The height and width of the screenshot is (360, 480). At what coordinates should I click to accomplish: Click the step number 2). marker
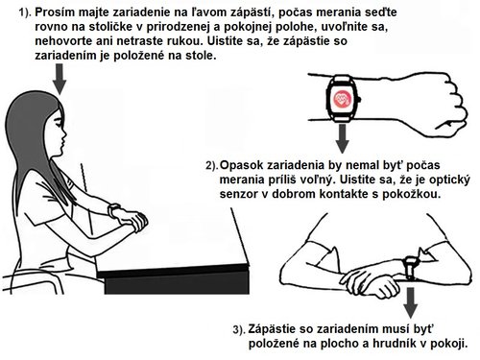[213, 164]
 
